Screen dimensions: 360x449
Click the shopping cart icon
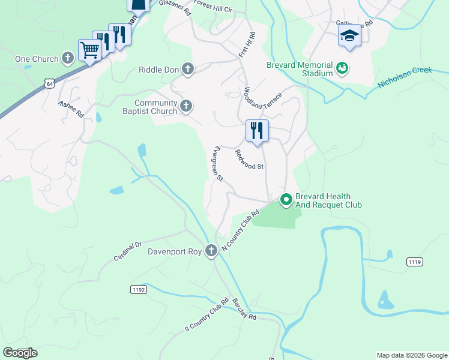(89, 50)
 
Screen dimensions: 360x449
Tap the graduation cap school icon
(349, 35)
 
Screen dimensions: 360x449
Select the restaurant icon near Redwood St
(257, 131)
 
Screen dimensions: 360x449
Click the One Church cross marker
(68, 59)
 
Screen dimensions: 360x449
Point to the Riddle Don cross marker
(188, 70)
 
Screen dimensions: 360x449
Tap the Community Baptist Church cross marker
(186, 107)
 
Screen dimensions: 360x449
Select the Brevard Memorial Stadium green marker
(342, 68)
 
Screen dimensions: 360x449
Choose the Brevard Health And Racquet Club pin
(286, 199)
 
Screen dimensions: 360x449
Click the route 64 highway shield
(50, 83)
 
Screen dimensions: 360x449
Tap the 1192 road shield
(139, 289)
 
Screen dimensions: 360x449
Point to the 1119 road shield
(414, 262)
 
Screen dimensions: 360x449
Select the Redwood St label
(250, 160)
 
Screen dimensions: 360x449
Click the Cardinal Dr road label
(127, 251)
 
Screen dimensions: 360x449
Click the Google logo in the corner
(20, 353)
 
